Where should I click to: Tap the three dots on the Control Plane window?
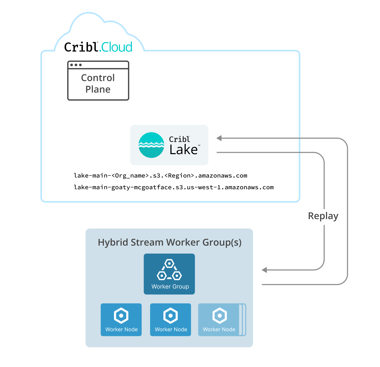76,65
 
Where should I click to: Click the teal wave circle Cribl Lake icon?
151,145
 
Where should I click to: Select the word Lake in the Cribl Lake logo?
183,150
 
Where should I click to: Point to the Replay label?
323,216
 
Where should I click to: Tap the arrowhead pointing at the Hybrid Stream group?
264,270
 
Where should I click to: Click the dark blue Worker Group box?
169,274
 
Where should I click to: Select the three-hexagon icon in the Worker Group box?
169,270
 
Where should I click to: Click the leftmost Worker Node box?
121,319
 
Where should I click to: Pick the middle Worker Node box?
170,319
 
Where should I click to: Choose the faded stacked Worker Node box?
219,319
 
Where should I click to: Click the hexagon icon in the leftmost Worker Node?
121,315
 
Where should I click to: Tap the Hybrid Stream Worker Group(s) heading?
170,242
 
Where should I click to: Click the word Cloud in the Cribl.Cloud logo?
117,47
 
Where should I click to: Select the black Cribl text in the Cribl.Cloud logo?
81,47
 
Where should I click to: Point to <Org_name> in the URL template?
130,176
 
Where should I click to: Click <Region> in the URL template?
179,176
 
